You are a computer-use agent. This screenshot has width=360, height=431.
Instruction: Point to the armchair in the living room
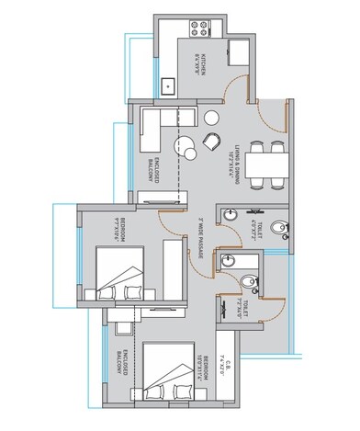pos(211,141)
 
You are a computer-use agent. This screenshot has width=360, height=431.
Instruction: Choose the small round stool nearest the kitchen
pos(212,116)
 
